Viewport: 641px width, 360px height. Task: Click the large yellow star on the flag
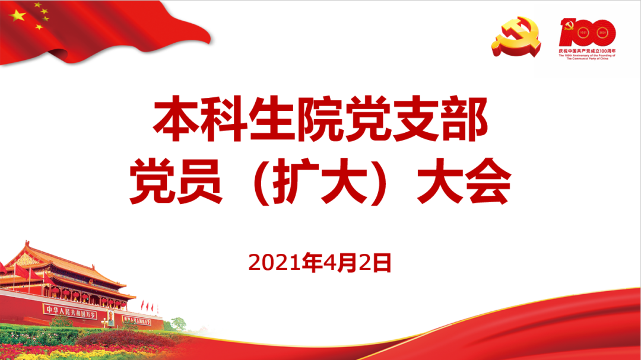click(19, 16)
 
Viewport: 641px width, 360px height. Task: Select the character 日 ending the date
click(383, 263)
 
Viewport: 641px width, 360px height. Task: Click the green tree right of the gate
click(178, 324)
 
